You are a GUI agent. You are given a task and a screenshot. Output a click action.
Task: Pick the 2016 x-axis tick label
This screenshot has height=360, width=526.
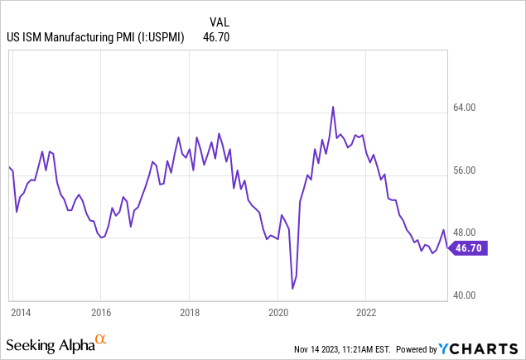tap(100, 313)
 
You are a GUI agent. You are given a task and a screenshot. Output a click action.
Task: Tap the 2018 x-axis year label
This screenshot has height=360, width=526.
tap(189, 313)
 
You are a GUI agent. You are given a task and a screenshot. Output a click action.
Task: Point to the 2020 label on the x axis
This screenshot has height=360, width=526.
tap(277, 313)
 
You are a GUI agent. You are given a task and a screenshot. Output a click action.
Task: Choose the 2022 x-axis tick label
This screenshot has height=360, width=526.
tap(366, 313)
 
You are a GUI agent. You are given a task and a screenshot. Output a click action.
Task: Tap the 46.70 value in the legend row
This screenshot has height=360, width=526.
tap(217, 36)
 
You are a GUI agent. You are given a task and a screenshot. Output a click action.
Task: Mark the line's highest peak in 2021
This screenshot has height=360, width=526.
tap(333, 107)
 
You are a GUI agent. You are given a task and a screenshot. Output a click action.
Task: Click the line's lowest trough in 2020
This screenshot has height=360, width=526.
tap(292, 288)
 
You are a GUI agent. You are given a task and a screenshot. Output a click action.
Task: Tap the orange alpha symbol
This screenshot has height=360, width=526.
tap(101, 339)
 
